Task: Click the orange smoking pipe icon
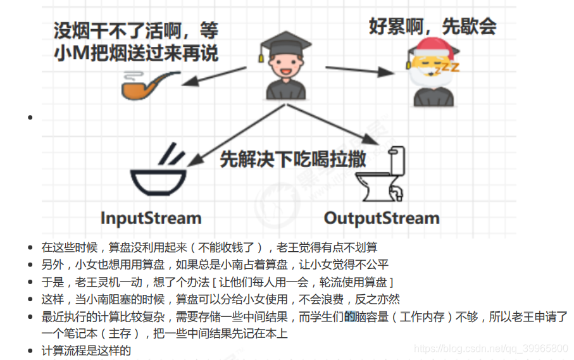pos(143,86)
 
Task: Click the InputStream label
pos(151,219)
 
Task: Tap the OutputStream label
pos(382,219)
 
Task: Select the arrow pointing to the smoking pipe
pos(215,75)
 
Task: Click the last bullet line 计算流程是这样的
pos(87,351)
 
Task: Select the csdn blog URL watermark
pos(490,349)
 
